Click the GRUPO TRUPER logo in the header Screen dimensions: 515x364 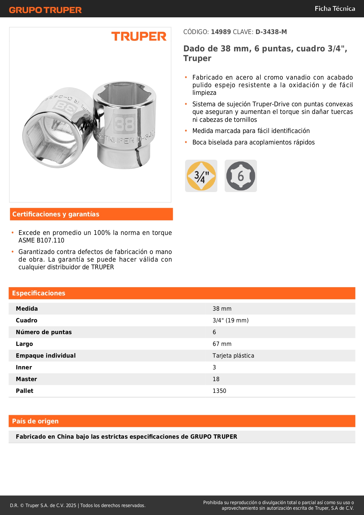tap(45, 10)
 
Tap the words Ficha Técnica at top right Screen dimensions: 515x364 tap(335, 9)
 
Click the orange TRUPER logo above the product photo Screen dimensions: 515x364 tap(139, 36)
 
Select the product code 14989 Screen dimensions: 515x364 tap(221, 32)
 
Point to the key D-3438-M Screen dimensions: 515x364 tap(271, 32)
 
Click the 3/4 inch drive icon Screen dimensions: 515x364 tap(201, 176)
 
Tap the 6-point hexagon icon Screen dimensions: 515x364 tap(241, 176)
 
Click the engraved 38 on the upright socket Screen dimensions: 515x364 tap(124, 124)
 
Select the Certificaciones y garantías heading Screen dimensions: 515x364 tap(56, 214)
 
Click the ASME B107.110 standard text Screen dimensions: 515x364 tap(41, 240)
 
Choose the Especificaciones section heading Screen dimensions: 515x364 tap(39, 293)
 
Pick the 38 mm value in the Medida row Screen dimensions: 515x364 tap(222, 309)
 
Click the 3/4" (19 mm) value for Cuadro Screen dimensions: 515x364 tap(231, 320)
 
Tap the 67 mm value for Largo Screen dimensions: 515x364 tap(222, 344)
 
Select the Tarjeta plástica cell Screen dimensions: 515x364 tap(233, 356)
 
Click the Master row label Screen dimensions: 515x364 tap(26, 379)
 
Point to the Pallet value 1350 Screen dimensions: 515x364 tap(219, 391)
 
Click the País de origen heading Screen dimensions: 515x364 tap(35, 421)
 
